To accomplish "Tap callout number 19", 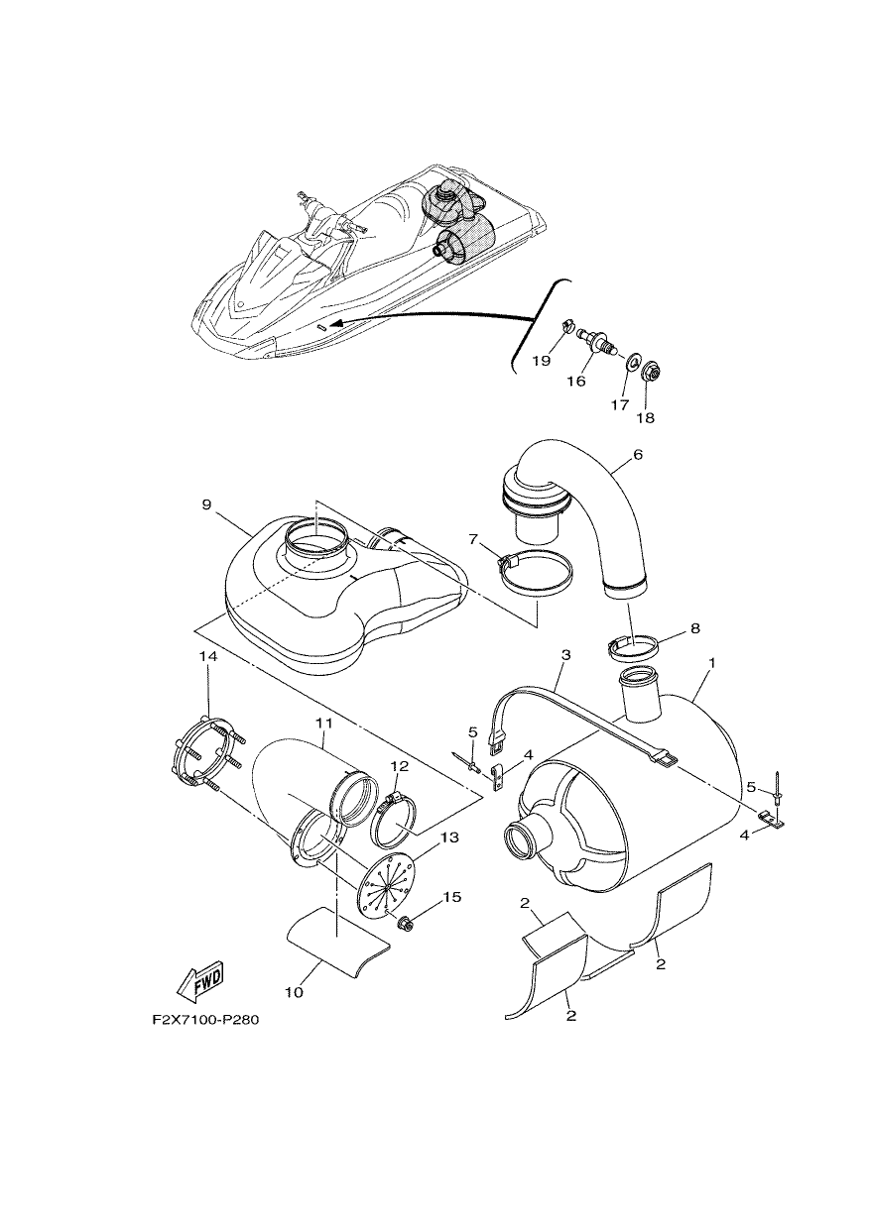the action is coord(542,361).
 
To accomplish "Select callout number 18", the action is coord(646,417).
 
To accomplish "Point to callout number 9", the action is coord(206,504).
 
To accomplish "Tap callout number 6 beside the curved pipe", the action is coord(637,454).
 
